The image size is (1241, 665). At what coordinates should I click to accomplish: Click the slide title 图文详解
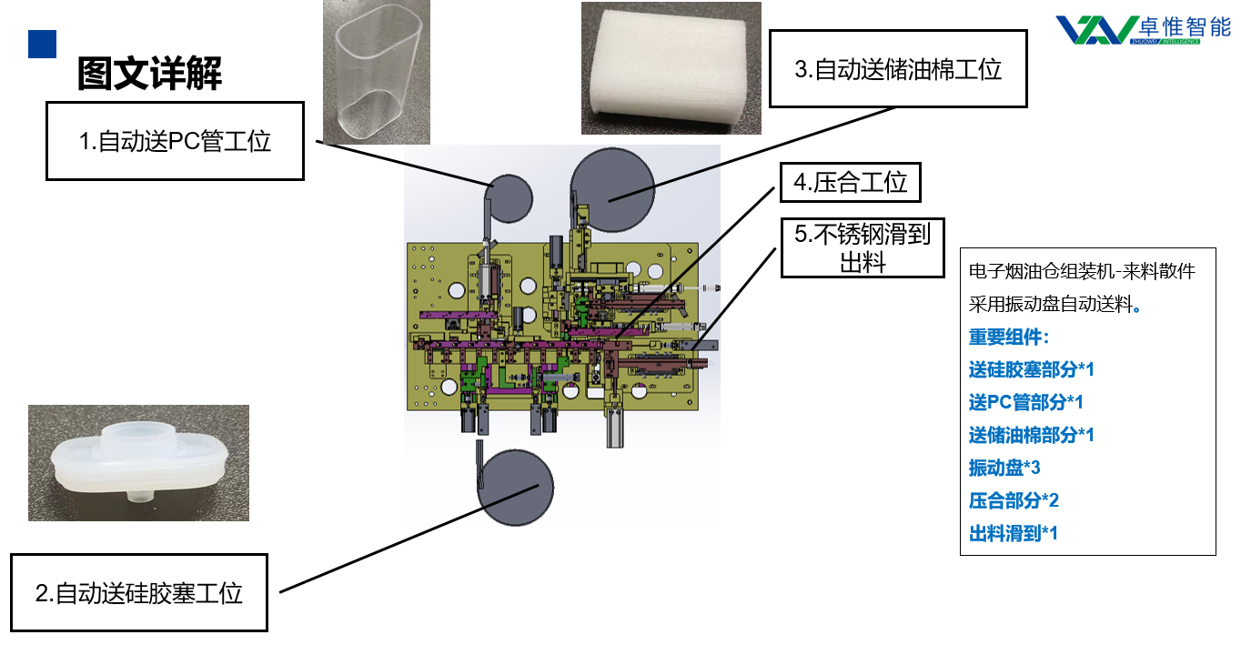149,74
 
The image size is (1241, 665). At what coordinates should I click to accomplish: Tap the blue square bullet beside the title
42,44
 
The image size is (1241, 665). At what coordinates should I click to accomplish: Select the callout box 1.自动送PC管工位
175,141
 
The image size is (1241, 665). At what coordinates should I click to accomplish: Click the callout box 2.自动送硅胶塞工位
139,593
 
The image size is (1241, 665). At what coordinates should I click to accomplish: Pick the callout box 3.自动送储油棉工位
898,69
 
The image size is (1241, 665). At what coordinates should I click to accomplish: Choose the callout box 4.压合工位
850,182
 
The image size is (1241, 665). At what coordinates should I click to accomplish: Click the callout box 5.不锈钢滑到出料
862,247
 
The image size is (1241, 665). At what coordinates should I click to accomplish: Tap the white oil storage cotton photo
671,68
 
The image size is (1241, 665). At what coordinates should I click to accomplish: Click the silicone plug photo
138,462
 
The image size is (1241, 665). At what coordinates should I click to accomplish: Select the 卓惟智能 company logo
1143,28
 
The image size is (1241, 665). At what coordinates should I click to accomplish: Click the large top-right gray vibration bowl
612,189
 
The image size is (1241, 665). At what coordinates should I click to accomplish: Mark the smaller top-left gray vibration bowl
510,197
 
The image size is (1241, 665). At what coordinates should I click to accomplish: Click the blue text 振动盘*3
1004,468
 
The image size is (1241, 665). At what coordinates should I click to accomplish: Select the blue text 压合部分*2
1014,500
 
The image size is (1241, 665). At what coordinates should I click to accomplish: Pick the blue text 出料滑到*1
1014,533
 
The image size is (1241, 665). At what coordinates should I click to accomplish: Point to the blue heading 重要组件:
1009,337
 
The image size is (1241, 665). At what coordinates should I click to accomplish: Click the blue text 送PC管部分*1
1025,402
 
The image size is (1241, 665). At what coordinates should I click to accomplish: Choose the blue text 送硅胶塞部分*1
1031,369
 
